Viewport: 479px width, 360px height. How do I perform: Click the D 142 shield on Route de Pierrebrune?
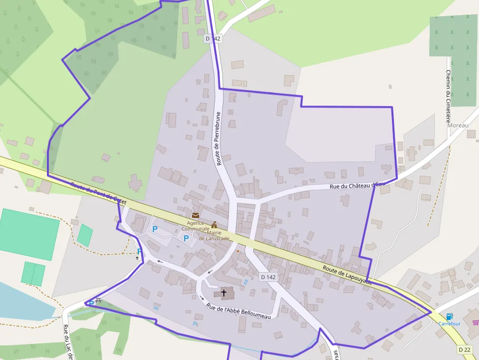213,38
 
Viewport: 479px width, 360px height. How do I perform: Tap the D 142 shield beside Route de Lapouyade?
268,277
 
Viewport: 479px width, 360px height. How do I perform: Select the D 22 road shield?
464,349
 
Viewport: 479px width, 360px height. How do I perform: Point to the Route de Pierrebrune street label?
218,138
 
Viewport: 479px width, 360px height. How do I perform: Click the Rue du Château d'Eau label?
358,185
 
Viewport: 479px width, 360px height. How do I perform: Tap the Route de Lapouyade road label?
347,275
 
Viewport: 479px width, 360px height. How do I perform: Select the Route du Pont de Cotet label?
98,192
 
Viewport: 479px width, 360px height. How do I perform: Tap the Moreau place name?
458,126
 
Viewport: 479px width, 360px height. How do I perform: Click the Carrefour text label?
449,324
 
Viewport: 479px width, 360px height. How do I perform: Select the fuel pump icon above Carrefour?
449,316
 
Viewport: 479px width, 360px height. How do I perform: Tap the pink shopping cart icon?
476,322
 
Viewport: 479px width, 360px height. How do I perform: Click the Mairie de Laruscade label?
214,235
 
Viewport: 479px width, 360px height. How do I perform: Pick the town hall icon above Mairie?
214,225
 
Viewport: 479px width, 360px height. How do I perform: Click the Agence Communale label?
195,226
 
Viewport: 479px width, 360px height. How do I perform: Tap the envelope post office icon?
196,215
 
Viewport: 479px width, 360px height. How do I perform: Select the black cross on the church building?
224,293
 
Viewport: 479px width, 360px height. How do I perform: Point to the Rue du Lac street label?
67,342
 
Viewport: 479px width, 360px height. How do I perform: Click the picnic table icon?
99,300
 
